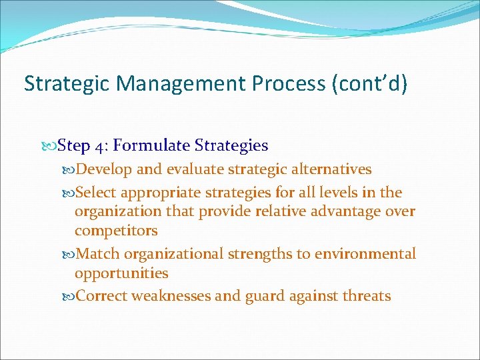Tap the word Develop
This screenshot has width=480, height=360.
pyautogui.click(x=104, y=169)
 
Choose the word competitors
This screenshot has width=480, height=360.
pyautogui.click(x=116, y=231)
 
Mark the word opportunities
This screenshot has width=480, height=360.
pyautogui.click(x=121, y=273)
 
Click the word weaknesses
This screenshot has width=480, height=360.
pyautogui.click(x=171, y=296)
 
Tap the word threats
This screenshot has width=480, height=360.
pyautogui.click(x=366, y=296)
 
